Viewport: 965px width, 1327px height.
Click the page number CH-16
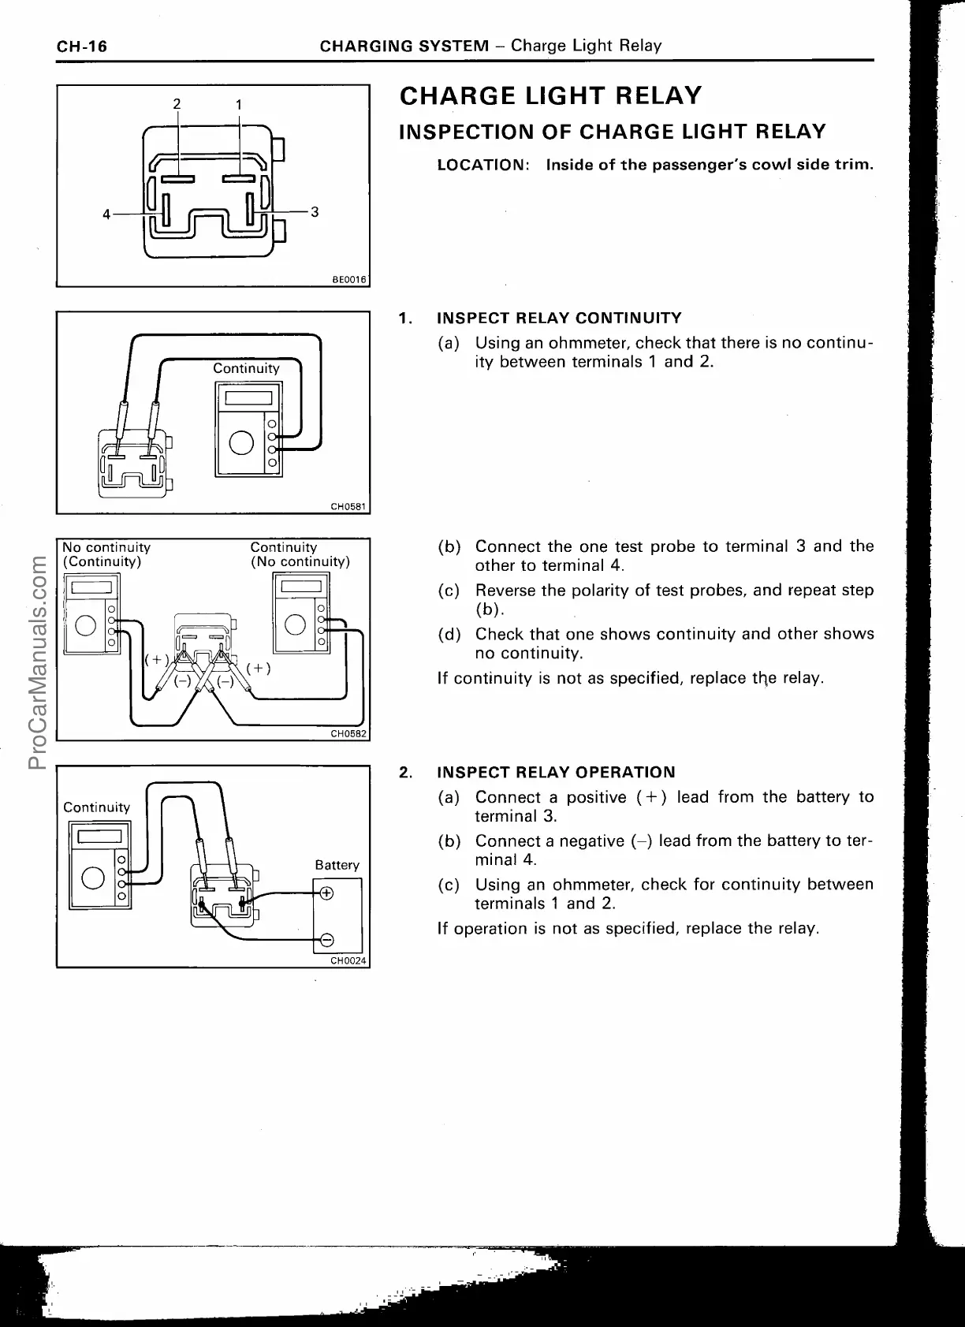tap(81, 46)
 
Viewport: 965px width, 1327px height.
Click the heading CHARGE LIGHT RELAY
tap(550, 96)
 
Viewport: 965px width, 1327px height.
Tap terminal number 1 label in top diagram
tap(239, 104)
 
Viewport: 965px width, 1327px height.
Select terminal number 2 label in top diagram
tap(177, 103)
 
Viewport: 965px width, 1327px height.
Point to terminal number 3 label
tap(315, 211)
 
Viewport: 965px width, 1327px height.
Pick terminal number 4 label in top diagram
tap(106, 213)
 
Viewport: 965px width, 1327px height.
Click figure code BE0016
tap(350, 279)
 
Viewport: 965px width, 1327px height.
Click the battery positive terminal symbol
tap(325, 893)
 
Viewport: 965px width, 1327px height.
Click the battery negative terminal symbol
tap(325, 938)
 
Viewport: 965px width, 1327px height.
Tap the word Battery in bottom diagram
tap(337, 865)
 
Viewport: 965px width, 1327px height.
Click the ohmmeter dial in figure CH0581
tap(241, 445)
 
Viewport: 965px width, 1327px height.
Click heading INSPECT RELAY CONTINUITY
tap(559, 318)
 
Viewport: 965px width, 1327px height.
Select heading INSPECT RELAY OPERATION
tap(556, 772)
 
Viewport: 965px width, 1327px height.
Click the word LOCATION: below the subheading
tap(482, 166)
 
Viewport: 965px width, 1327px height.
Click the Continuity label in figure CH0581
tap(246, 368)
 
